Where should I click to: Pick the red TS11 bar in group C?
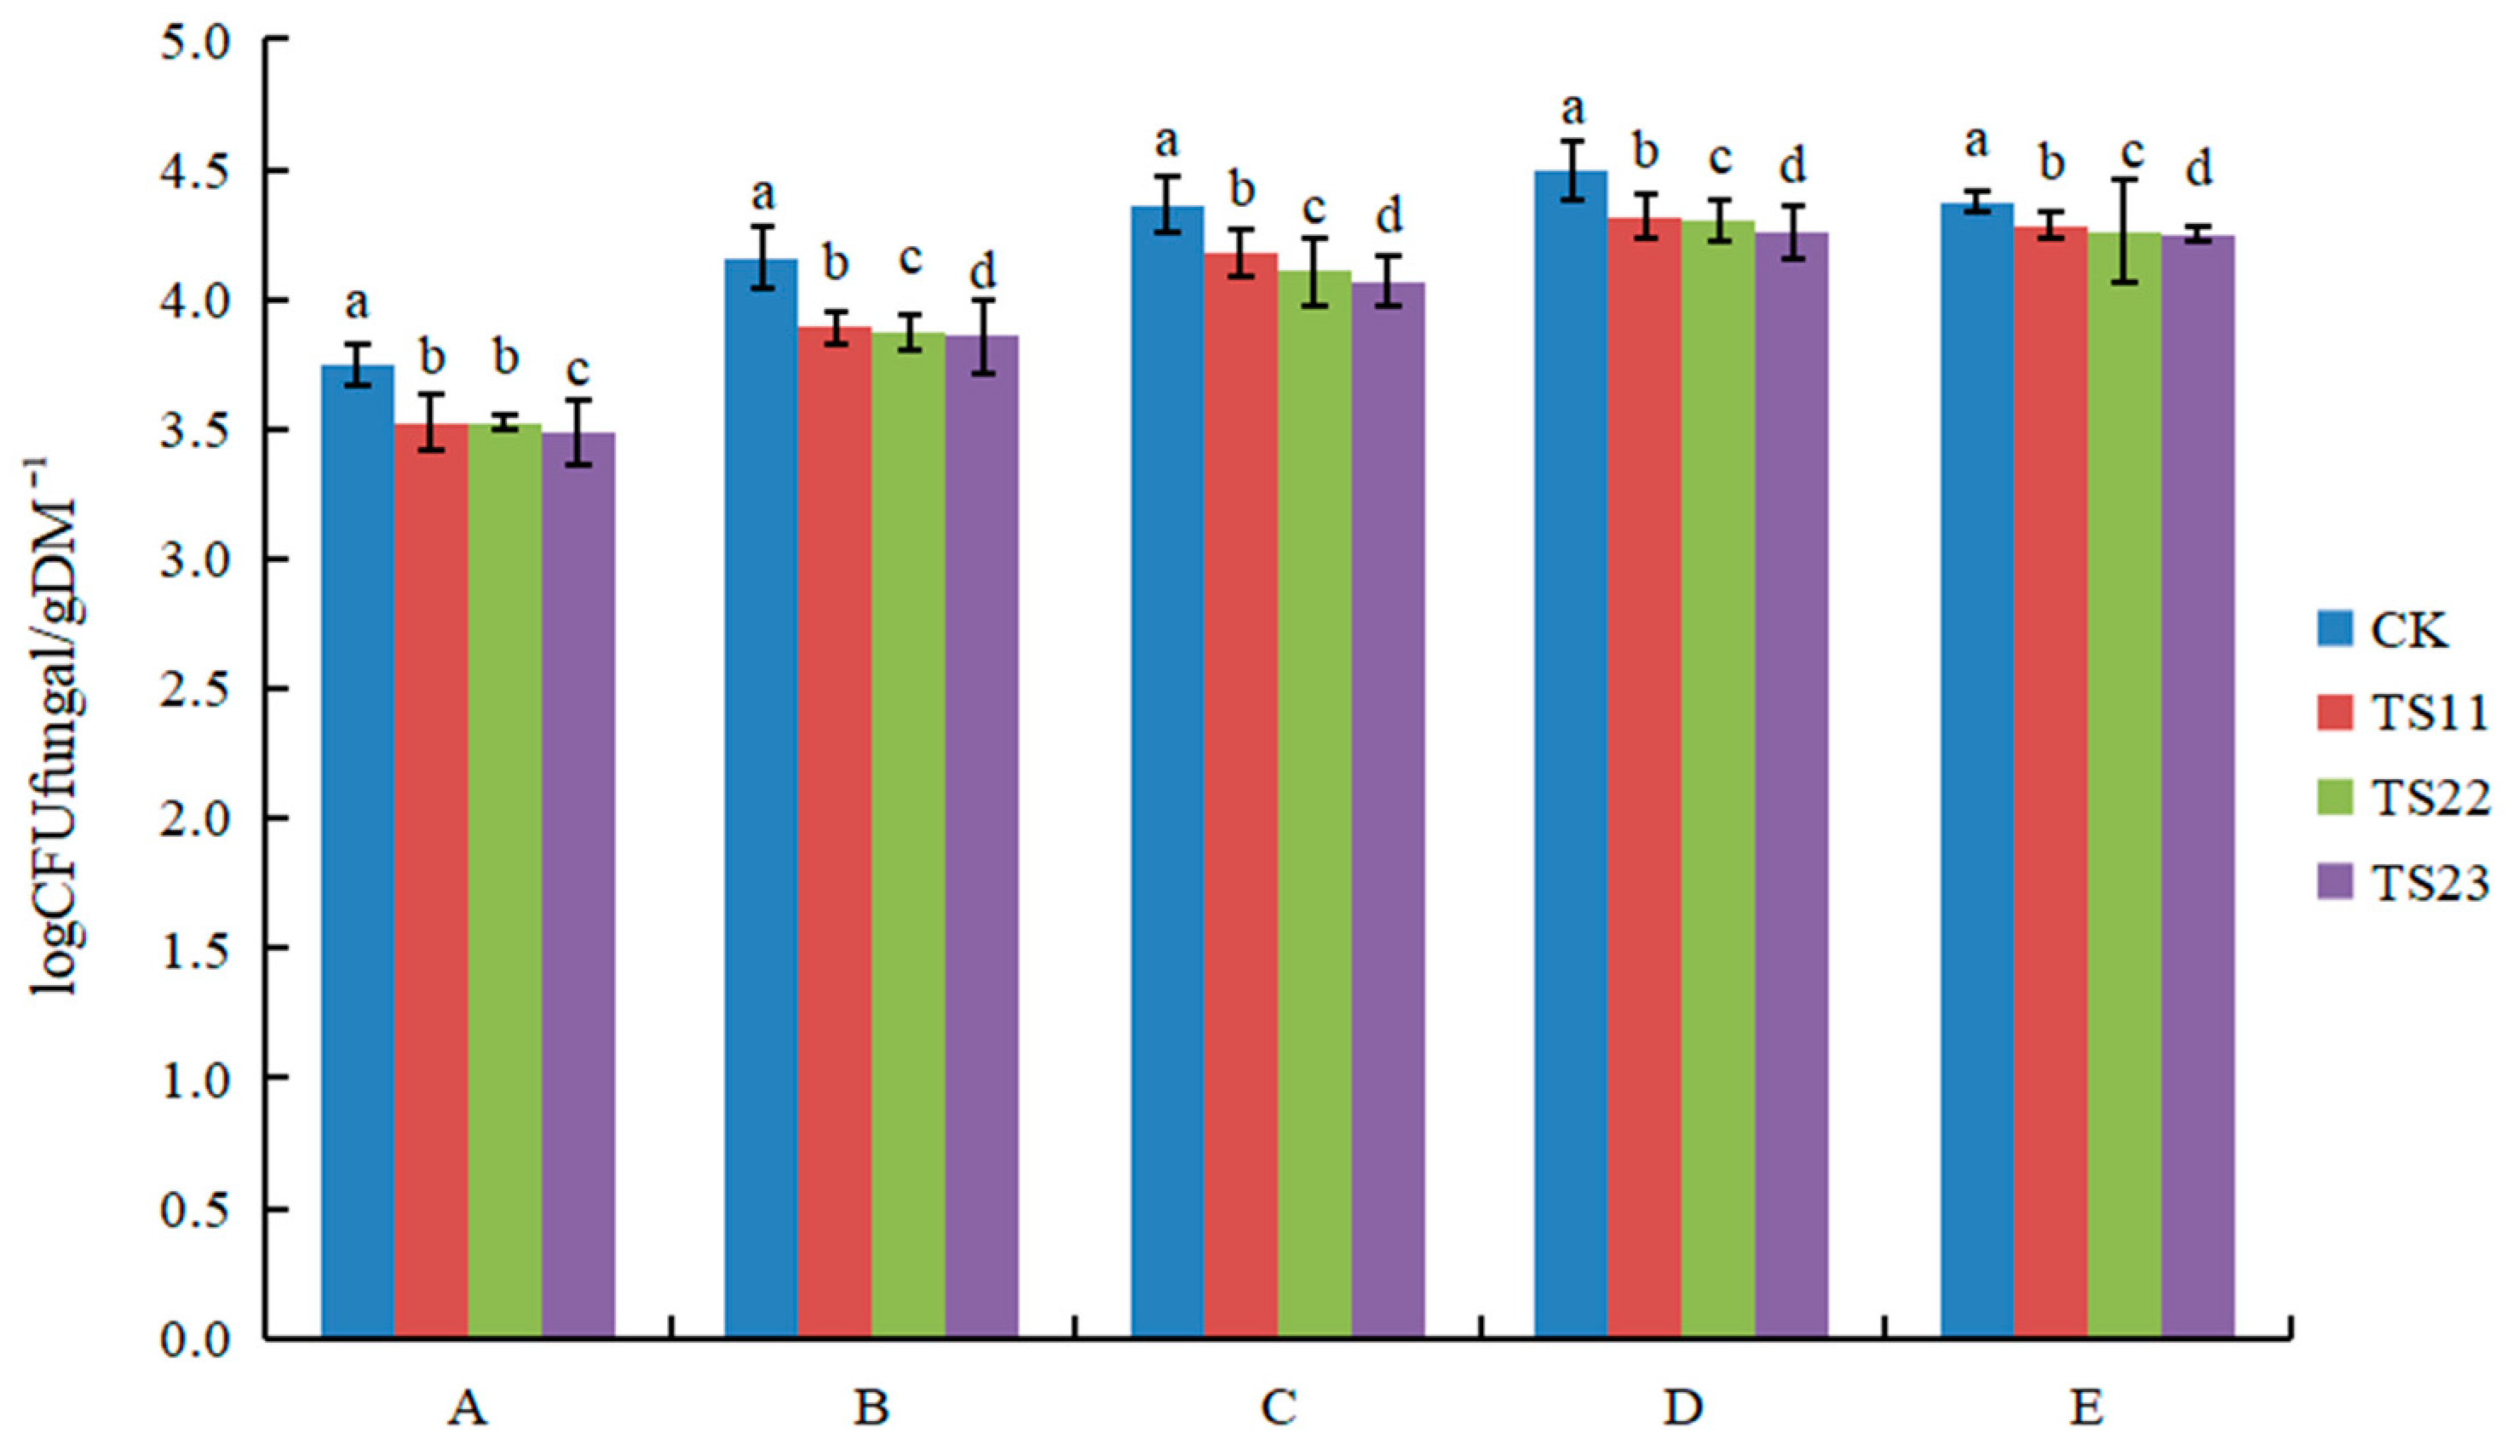point(1240,795)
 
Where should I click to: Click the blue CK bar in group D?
point(1570,756)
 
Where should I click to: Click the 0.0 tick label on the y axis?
point(195,1339)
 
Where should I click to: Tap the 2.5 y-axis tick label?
point(195,689)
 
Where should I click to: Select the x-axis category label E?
point(2087,1408)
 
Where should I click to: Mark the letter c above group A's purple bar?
point(578,370)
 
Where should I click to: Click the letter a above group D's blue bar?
point(1572,108)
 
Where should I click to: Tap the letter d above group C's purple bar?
point(1388,215)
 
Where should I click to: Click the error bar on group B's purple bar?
point(983,336)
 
